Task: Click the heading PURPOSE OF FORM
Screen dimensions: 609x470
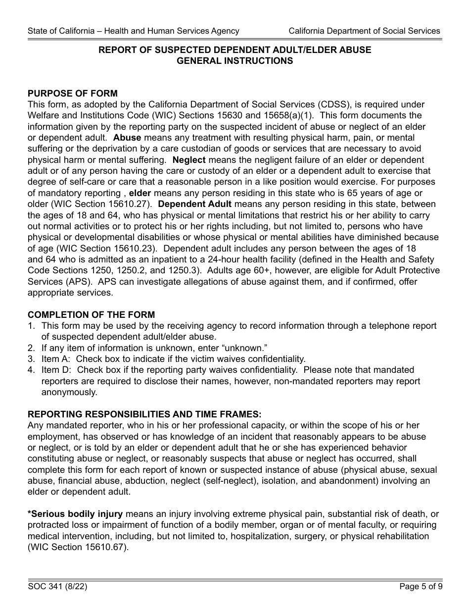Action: coord(73,94)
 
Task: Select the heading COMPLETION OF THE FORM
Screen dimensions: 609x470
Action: coord(91,315)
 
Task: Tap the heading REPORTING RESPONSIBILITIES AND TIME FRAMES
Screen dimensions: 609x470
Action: coord(144,414)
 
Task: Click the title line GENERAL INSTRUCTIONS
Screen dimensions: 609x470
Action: coord(235,61)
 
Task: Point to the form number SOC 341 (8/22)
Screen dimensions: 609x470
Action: coord(58,587)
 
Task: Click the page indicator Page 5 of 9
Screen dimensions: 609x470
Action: coord(421,587)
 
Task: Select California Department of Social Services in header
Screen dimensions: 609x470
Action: coord(364,31)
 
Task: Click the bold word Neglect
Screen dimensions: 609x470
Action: coord(189,160)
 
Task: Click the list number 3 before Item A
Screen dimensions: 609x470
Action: coord(31,359)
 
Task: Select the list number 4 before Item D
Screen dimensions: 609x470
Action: coord(31,370)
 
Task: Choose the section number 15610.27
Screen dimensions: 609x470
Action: coord(133,204)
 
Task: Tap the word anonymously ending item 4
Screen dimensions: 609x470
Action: coord(69,392)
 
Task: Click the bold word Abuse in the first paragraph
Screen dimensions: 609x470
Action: coord(127,138)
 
